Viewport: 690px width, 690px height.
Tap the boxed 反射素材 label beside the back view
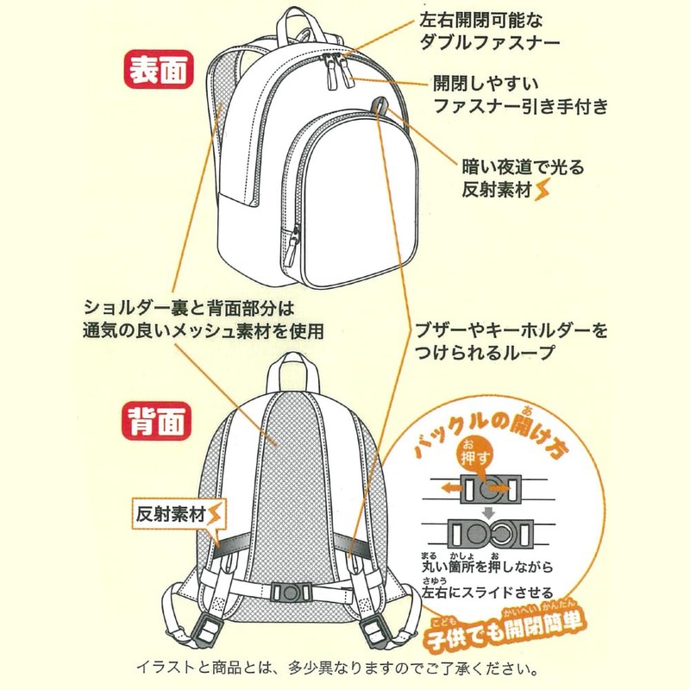pos(172,516)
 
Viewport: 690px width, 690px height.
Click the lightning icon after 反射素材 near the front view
pos(542,190)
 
